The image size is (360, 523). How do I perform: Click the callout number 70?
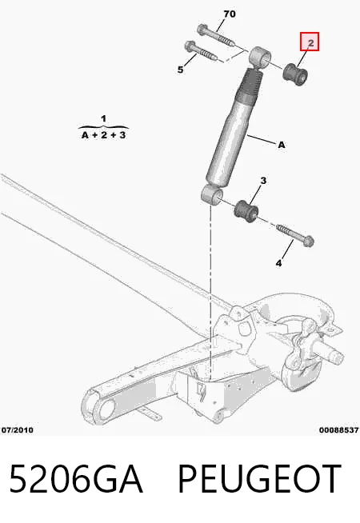(230, 14)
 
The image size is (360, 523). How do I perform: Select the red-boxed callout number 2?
(310, 42)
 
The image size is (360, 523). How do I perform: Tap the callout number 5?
(180, 70)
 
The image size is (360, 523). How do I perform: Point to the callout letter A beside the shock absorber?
(282, 145)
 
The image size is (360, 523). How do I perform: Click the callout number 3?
(263, 181)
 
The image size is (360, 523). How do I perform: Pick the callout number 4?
(278, 263)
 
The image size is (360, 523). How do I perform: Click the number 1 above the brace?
(103, 118)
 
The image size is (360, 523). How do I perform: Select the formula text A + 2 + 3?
(103, 135)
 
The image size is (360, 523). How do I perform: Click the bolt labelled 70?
(215, 36)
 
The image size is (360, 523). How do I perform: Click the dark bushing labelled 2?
(295, 74)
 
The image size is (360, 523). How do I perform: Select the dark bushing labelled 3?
(246, 211)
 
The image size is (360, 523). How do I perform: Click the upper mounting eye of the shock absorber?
(260, 58)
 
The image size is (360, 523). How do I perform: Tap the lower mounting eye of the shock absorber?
(212, 194)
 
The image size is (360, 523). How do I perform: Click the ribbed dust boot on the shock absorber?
(250, 84)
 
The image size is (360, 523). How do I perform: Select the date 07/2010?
(18, 430)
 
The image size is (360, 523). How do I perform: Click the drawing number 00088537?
(339, 430)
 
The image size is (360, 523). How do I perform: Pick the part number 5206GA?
(76, 479)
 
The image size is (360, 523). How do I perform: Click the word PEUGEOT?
(259, 479)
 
